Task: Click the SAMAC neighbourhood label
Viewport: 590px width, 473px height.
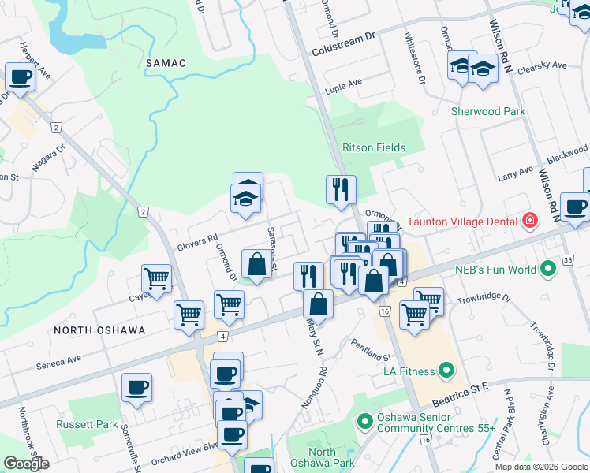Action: pyautogui.click(x=166, y=62)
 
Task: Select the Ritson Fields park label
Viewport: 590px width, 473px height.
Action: pyautogui.click(x=374, y=147)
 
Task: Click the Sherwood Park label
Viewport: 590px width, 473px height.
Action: pyautogui.click(x=487, y=111)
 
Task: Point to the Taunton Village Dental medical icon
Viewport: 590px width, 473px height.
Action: pyautogui.click(x=528, y=222)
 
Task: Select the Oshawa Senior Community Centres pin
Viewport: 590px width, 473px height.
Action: pyautogui.click(x=364, y=422)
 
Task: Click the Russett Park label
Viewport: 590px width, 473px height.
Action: pyautogui.click(x=87, y=424)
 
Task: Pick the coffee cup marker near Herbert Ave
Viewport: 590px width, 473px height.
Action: pyautogui.click(x=20, y=77)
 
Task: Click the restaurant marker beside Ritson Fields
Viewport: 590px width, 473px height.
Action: pyautogui.click(x=341, y=190)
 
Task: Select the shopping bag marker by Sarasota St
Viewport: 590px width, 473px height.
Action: pyautogui.click(x=256, y=264)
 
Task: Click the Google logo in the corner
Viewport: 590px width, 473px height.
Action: pyautogui.click(x=26, y=464)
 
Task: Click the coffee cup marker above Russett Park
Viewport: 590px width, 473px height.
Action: pyautogui.click(x=136, y=387)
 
